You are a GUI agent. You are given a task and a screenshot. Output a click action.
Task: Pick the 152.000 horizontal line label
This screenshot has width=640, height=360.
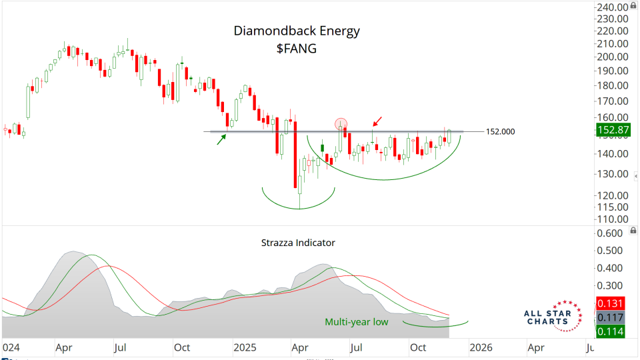500,132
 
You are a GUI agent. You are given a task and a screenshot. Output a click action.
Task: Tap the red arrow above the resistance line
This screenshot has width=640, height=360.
378,121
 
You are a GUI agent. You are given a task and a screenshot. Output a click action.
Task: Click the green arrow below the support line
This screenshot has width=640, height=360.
221,139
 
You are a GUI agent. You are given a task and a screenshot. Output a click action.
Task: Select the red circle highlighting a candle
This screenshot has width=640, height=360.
341,124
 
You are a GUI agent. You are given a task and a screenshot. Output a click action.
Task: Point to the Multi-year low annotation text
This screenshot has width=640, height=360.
357,322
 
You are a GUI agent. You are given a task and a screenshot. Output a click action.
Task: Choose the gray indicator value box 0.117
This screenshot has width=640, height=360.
611,317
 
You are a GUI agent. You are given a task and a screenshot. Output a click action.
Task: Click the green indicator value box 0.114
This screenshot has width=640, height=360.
611,331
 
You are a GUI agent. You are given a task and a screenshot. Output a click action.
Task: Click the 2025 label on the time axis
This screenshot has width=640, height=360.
245,347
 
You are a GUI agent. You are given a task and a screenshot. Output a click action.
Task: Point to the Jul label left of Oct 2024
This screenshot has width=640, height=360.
121,347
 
